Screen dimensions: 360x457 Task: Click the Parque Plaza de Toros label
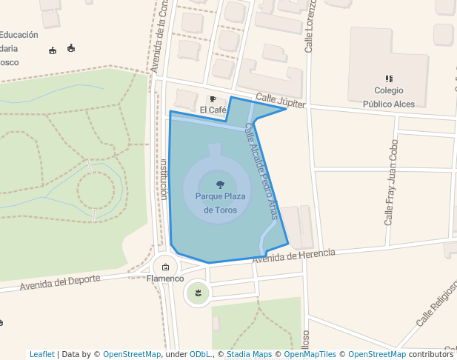220,203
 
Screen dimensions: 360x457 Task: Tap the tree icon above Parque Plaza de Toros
220,184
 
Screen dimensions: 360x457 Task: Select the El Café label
213,110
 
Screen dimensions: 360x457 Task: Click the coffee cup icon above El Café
213,99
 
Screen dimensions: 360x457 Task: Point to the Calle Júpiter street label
281,101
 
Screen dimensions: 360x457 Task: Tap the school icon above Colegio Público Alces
388,78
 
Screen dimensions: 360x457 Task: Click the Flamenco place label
165,279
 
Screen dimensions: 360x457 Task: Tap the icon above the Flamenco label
165,267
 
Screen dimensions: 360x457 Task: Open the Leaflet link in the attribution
41,354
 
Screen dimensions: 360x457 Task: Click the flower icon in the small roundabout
197,294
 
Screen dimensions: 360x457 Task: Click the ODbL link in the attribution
202,354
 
